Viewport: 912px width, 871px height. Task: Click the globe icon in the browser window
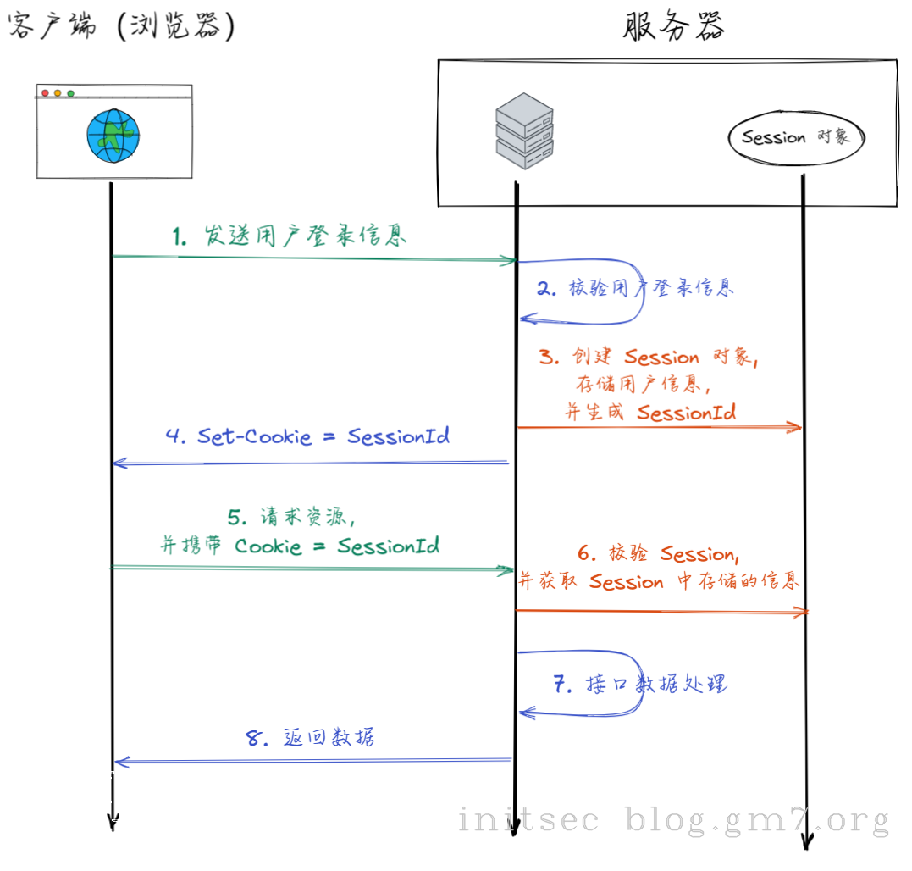tap(113, 136)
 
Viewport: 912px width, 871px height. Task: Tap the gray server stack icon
tap(524, 133)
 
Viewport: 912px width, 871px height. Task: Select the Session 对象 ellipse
tap(796, 138)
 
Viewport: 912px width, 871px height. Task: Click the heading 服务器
tap(674, 26)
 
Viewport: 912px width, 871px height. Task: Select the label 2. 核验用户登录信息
tap(635, 289)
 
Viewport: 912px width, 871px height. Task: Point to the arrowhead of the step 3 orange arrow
tap(796, 427)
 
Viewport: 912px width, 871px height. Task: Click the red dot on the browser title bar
tap(45, 93)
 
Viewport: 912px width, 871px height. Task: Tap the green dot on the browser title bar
tap(71, 93)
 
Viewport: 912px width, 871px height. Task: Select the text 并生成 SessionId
tap(650, 413)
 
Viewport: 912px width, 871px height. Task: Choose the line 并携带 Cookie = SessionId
tap(301, 546)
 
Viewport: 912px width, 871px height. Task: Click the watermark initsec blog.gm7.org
tap(673, 820)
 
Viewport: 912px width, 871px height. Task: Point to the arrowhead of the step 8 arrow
tap(119, 763)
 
